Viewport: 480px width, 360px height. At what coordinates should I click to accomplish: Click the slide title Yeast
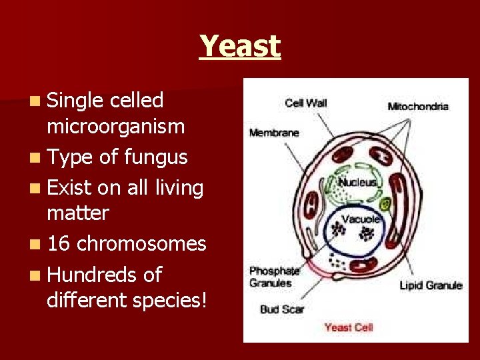coord(240,47)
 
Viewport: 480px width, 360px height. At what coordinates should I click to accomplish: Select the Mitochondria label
coord(418,106)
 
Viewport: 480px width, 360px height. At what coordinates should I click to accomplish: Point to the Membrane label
coord(274,133)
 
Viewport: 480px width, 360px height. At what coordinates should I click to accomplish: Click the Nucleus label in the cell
coord(357,182)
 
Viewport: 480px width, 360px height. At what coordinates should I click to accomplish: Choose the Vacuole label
coord(361,219)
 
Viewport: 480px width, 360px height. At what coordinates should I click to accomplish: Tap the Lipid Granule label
coord(430,285)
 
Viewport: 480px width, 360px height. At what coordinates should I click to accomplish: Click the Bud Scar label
coord(282,309)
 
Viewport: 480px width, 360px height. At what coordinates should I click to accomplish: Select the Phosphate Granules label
coord(273,277)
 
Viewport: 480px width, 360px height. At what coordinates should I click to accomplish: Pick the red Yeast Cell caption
coord(349,327)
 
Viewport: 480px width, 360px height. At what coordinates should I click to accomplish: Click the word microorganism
coord(115,126)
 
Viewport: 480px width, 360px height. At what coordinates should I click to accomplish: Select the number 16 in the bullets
coord(59,244)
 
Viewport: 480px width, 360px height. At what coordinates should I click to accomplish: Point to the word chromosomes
coord(141,244)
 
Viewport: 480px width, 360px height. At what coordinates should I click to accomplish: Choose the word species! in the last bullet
coord(169,301)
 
